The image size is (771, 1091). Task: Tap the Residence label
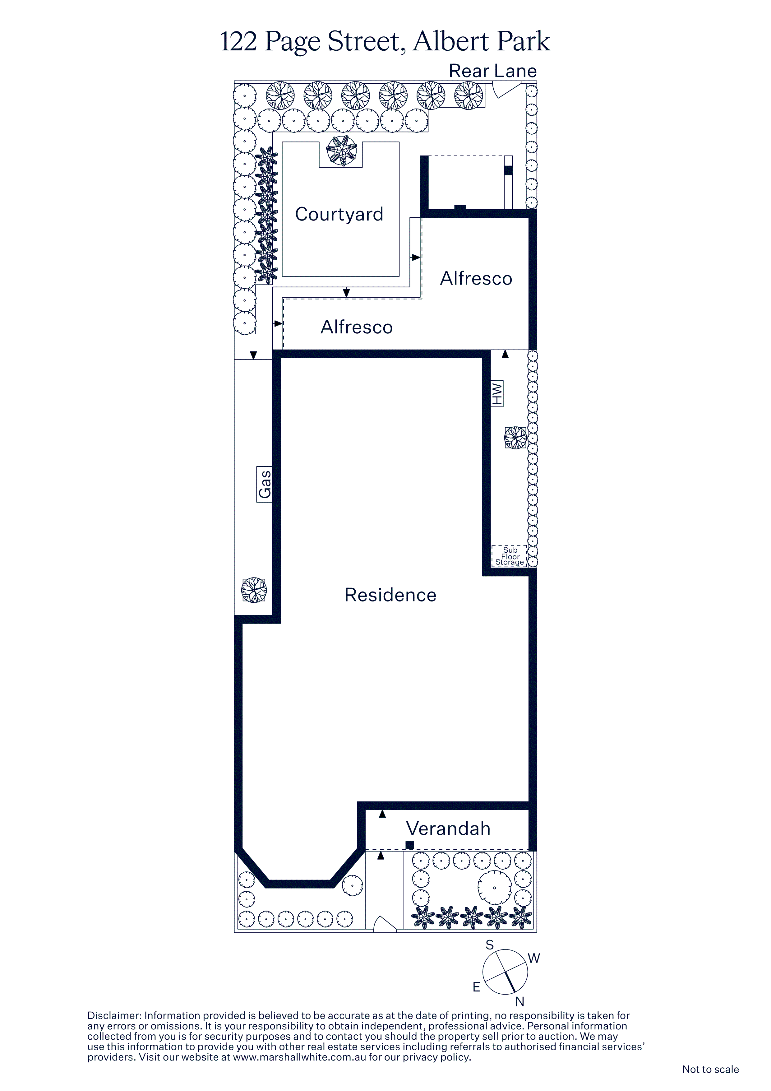pos(390,595)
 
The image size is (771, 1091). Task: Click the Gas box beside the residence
pos(265,484)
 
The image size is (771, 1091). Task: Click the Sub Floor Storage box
pos(509,556)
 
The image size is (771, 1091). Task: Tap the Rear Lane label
pos(493,71)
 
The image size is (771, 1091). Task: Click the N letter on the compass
pos(520,1002)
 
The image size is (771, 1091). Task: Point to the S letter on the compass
pos(490,945)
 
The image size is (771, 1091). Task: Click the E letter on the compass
pos(477,987)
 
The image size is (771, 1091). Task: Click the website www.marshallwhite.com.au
pos(299,1057)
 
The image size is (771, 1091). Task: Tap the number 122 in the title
pos(238,41)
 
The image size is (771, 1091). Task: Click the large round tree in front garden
pos(495,888)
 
